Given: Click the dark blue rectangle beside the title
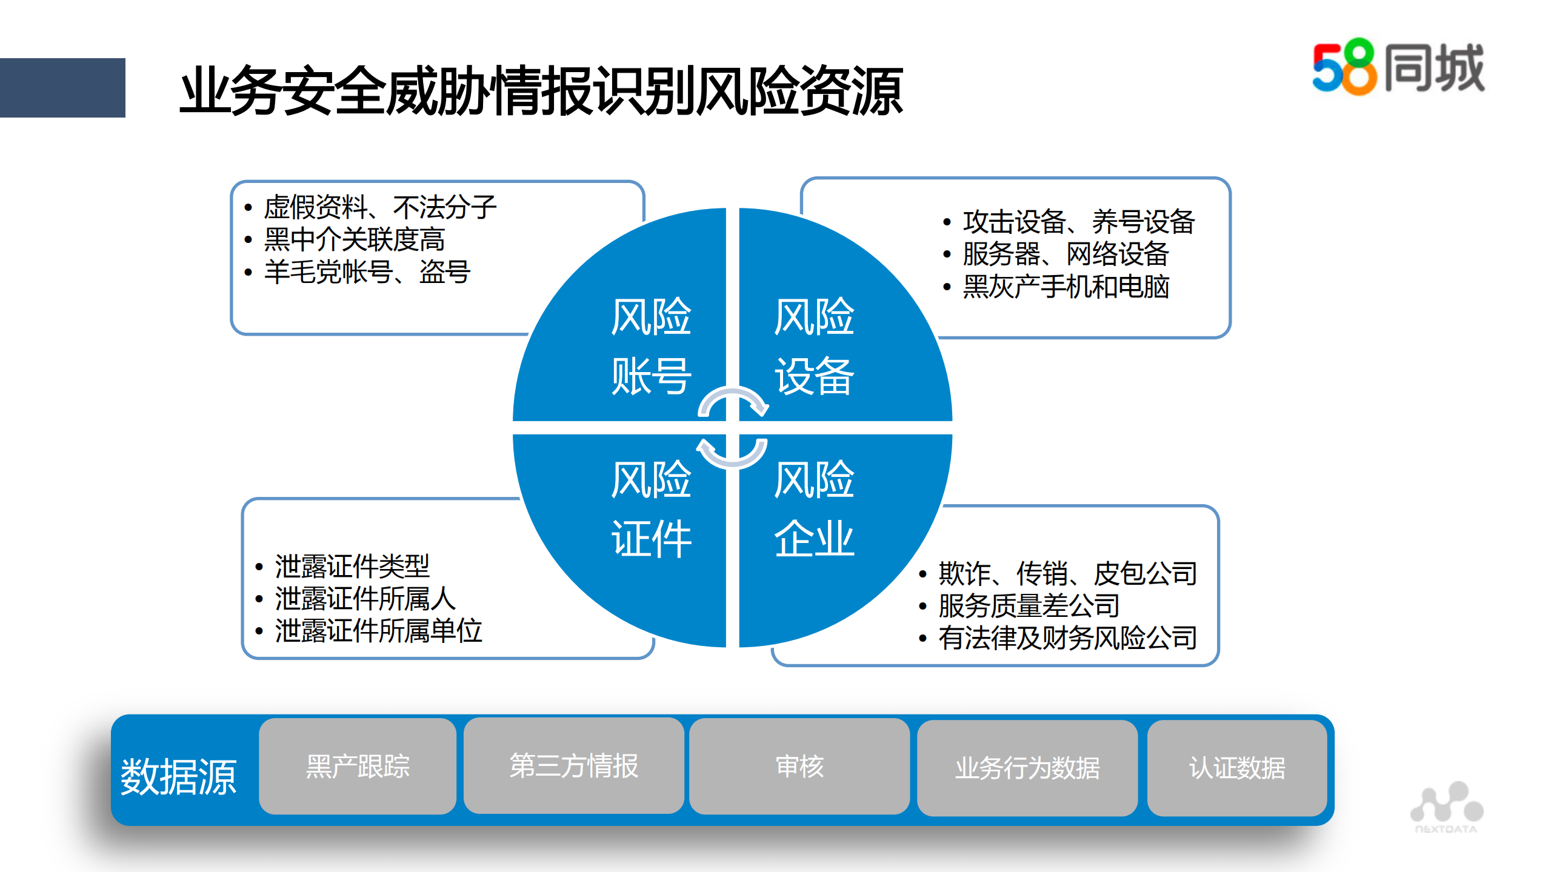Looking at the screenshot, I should [x=62, y=88].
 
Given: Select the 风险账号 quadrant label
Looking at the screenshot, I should [x=650, y=346].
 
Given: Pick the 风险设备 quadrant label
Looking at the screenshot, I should [x=814, y=346].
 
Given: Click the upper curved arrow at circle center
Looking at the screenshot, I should [x=733, y=401].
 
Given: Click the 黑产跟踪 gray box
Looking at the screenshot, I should [x=358, y=767].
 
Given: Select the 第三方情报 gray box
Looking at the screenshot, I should [x=573, y=766].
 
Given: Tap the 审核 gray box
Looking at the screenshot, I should [x=799, y=767].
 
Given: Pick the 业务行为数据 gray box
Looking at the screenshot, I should [x=1027, y=768].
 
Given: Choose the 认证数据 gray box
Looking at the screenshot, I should [x=1237, y=768].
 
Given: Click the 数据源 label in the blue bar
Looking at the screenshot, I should [x=178, y=776].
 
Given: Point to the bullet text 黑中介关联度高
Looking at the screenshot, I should [x=355, y=239].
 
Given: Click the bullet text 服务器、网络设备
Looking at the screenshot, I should [x=1066, y=254].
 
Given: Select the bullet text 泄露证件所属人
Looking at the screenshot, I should [x=365, y=599].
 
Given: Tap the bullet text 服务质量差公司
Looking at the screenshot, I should [x=1029, y=605].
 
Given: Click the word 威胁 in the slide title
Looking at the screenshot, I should [x=438, y=91].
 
